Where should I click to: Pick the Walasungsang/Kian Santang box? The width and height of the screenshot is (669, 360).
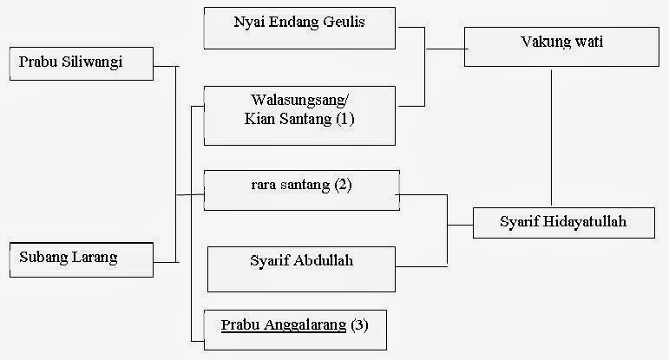click(x=299, y=115)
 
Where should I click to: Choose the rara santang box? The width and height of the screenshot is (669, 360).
click(x=301, y=190)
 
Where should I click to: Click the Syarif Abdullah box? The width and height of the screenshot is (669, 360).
click(x=299, y=268)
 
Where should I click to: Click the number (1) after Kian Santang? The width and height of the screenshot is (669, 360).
click(x=345, y=121)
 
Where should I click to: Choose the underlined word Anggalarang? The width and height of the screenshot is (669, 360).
click(x=304, y=325)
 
